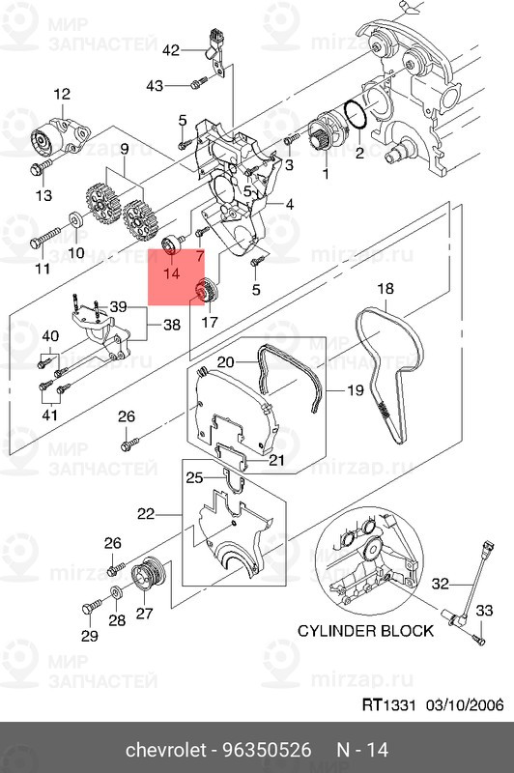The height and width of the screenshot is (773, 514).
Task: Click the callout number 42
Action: [x=171, y=49]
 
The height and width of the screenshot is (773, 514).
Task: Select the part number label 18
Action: [x=385, y=289]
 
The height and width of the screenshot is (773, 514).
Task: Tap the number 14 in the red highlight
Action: [x=172, y=274]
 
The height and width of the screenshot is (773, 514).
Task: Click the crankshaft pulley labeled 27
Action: [x=148, y=575]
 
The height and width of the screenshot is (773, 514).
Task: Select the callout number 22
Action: [x=146, y=514]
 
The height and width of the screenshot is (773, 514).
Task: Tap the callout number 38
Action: [x=171, y=325]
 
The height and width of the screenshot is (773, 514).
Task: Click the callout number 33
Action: [x=484, y=610]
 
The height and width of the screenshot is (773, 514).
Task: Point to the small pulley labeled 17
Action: [x=204, y=291]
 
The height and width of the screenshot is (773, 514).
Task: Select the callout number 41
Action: [x=49, y=415]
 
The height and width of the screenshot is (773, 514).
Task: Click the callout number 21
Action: [x=276, y=460]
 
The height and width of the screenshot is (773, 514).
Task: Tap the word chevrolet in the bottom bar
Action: [x=170, y=750]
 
